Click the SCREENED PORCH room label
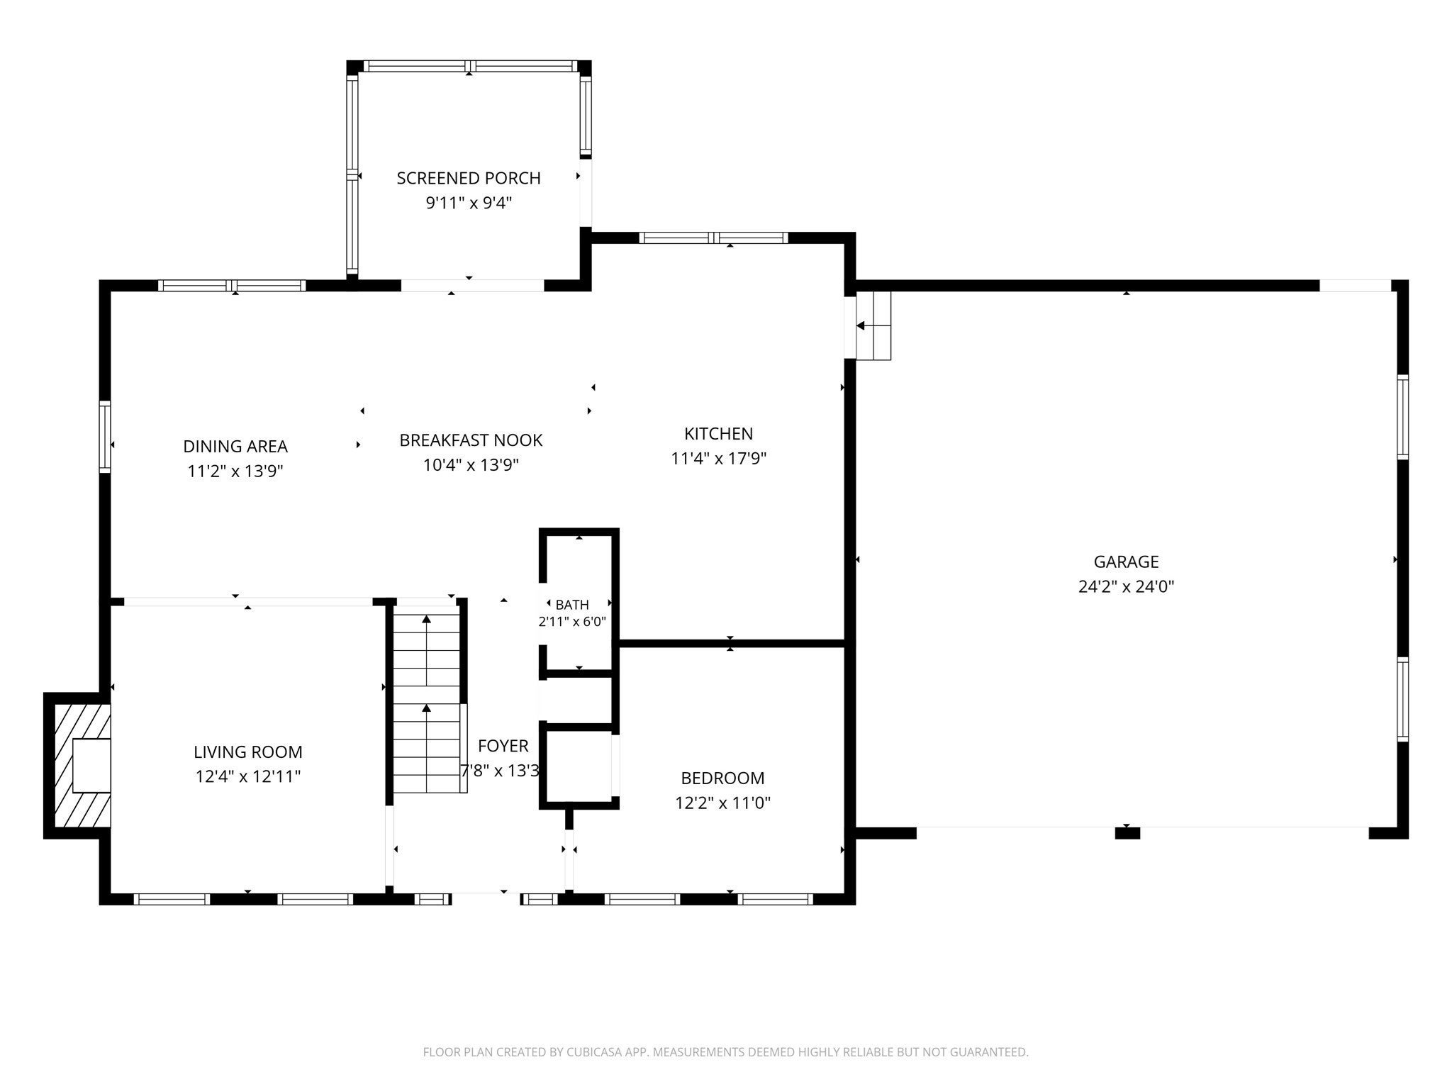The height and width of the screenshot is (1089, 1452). coord(469,178)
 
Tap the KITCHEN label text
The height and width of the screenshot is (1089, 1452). coord(718,433)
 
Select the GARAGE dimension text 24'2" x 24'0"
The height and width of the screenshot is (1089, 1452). coord(1126,586)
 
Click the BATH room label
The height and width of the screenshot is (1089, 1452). coord(571,605)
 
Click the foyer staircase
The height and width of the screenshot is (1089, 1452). coord(427,703)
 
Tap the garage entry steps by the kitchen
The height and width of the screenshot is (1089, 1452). coord(873,325)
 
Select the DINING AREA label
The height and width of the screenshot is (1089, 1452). coord(235,447)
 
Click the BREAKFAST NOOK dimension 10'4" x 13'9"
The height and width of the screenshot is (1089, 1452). coord(471,465)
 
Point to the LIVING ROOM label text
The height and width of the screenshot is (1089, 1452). coord(248,752)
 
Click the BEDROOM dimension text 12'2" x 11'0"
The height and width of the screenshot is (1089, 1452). coord(722,803)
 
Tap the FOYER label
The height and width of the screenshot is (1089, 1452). coord(503,746)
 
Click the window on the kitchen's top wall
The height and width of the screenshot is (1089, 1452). coord(713,238)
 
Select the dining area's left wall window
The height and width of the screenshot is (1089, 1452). coord(105,436)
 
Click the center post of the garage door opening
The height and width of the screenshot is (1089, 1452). coord(1127,833)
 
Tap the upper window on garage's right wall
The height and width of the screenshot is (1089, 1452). coord(1402,417)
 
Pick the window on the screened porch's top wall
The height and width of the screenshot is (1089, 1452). coord(469,66)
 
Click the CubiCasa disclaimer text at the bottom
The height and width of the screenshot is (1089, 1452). coord(725,1052)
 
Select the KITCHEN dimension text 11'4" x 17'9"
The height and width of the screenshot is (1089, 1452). coord(719,458)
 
